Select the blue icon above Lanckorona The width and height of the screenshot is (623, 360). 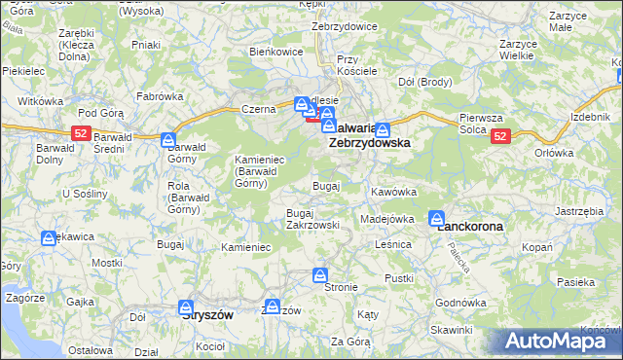(438, 219)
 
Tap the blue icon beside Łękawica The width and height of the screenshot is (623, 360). (49, 237)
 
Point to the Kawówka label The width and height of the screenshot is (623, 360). (393, 192)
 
